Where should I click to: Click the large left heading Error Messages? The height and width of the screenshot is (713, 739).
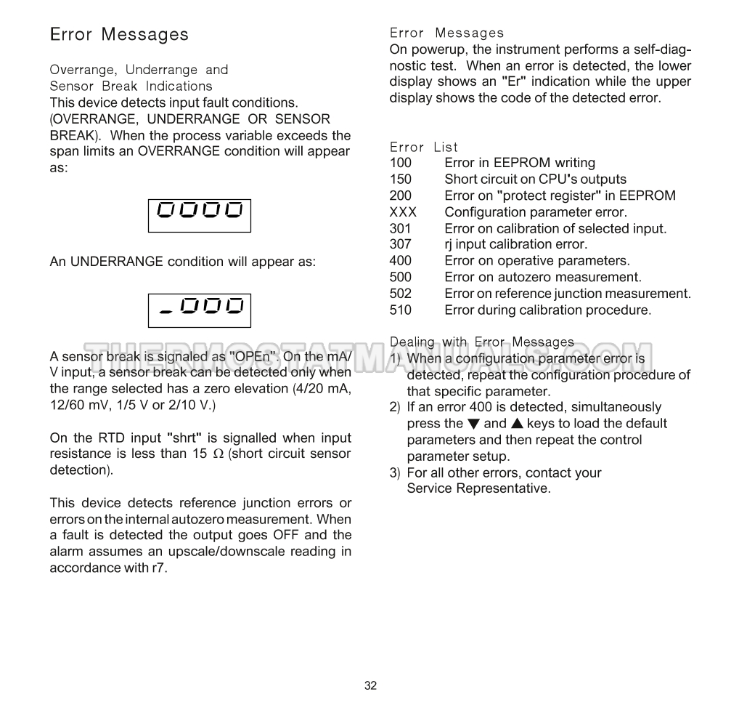(x=119, y=34)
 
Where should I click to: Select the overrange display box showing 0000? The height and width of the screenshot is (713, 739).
(x=200, y=215)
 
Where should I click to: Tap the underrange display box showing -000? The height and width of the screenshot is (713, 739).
(x=200, y=310)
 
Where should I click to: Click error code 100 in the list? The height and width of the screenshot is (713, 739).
(x=400, y=163)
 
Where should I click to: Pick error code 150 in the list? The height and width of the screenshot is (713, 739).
(x=400, y=180)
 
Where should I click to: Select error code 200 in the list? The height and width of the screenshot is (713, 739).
(x=400, y=196)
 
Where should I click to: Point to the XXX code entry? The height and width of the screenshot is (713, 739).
(x=403, y=212)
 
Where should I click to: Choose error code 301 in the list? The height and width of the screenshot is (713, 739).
(x=400, y=229)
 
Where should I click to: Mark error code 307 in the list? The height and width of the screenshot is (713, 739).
(x=400, y=245)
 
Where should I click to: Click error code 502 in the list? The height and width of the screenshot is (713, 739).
(x=400, y=294)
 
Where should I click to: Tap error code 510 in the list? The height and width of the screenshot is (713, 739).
(x=400, y=310)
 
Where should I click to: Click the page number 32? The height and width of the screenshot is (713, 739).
(x=370, y=685)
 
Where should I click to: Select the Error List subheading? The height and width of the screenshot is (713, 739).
(x=424, y=147)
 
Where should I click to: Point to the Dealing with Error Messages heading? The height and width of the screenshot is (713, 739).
(x=482, y=342)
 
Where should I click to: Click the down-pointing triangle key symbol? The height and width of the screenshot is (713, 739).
(x=473, y=424)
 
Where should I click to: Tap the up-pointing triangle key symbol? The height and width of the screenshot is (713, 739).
(x=517, y=424)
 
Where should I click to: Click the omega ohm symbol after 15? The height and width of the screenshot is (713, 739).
(x=218, y=454)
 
